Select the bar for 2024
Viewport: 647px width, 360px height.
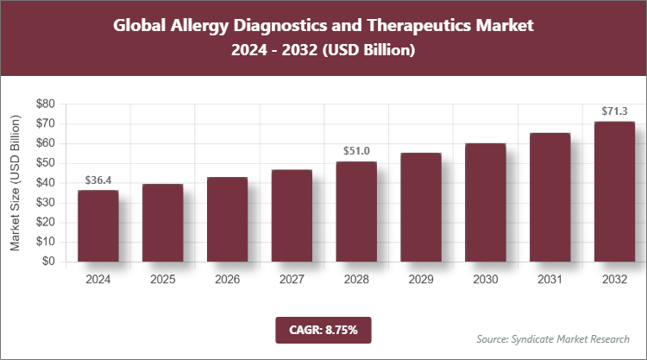97,225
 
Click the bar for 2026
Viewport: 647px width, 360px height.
227,219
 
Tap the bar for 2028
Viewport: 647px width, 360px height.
356,212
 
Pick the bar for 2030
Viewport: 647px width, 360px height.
486,202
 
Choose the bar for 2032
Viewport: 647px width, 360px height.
615,192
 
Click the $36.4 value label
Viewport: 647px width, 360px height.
97,180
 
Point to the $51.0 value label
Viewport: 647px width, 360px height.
356,151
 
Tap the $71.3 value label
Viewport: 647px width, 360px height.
615,111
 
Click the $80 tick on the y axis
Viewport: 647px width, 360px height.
46,104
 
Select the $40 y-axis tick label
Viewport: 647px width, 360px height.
46,183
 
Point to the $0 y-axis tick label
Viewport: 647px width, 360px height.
49,262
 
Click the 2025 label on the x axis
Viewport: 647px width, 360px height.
162,279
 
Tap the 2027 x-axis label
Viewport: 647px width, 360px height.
292,279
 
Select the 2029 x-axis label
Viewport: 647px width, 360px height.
421,279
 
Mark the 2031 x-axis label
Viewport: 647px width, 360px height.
550,279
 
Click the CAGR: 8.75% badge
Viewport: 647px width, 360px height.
323,329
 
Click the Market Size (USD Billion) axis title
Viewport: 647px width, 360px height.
16,182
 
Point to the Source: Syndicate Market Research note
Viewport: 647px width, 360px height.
552,338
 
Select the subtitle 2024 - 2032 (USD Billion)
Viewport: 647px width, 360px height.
323,51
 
